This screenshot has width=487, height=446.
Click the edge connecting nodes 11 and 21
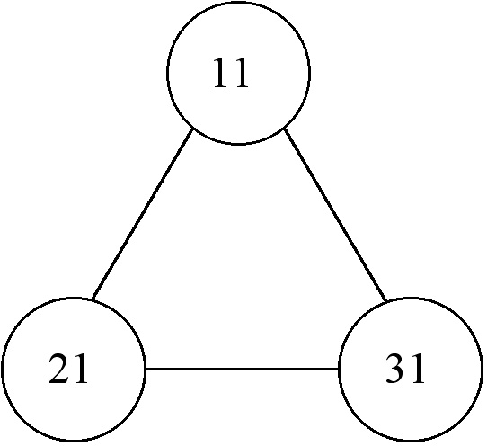tap(143, 214)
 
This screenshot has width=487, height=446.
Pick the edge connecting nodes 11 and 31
tap(335, 215)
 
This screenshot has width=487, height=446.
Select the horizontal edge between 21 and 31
tap(242, 370)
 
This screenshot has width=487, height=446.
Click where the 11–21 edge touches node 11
tap(193, 129)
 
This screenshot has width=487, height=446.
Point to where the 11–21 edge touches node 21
tap(93, 299)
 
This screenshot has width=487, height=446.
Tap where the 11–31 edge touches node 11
tap(284, 129)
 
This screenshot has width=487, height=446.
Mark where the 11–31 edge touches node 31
tap(386, 301)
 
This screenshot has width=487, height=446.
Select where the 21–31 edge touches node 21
tap(146, 370)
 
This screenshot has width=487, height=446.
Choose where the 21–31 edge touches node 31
tap(339, 370)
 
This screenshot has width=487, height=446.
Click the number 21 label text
tap(68, 369)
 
